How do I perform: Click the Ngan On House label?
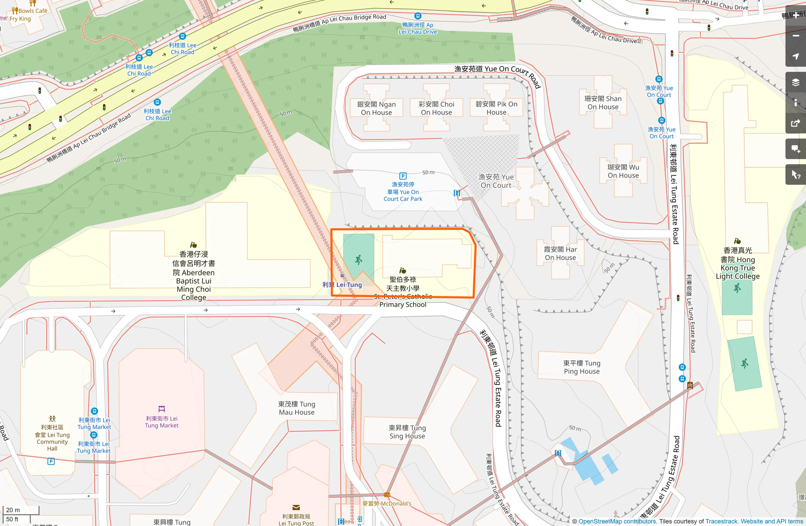click(x=376, y=108)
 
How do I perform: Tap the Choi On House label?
click(x=436, y=108)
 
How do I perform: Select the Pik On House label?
click(x=496, y=108)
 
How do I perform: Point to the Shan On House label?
click(x=603, y=103)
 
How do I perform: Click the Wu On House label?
click(x=623, y=171)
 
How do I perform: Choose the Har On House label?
click(x=560, y=253)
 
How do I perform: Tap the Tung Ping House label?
click(x=582, y=367)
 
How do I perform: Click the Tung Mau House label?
click(x=296, y=408)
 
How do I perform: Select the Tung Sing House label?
click(x=407, y=432)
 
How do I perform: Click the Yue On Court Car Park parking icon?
click(x=403, y=176)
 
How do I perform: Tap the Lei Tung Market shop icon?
click(x=162, y=409)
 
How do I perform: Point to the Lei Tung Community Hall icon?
click(x=52, y=419)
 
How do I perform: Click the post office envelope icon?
click(x=296, y=508)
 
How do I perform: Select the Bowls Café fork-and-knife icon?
click(x=15, y=10)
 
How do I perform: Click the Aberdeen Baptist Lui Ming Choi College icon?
click(x=193, y=245)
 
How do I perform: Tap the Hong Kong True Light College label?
click(x=738, y=263)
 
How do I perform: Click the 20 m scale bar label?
click(x=13, y=510)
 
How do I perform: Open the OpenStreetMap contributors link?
click(x=617, y=521)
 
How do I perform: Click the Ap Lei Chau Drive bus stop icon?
click(x=418, y=16)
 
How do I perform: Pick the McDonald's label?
click(x=387, y=503)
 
